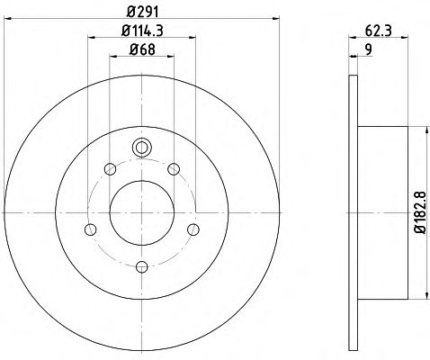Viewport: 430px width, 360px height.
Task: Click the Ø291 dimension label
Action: (x=142, y=12)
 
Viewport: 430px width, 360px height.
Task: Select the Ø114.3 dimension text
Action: (x=142, y=31)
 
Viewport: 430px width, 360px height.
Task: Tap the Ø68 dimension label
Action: (x=142, y=49)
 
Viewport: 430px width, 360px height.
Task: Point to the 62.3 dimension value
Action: (x=379, y=31)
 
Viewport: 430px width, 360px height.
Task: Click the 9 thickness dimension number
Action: (x=369, y=49)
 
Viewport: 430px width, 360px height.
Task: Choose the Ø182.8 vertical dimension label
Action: (x=420, y=212)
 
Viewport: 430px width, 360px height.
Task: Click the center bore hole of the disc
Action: (x=142, y=212)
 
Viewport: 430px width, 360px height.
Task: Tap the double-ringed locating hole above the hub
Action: (x=142, y=148)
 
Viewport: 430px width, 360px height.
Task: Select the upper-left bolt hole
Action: (x=110, y=168)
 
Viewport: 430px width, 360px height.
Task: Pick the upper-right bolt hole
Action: (x=174, y=169)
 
